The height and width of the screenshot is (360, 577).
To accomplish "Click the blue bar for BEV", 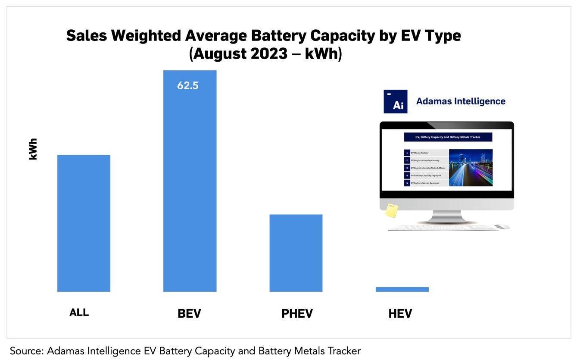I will point(190,181).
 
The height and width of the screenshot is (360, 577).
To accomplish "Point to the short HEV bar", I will point(402,289).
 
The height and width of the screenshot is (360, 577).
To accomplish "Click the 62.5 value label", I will point(188,86).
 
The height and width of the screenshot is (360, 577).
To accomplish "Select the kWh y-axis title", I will point(33,149).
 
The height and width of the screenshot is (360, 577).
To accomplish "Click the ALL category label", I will point(79,313).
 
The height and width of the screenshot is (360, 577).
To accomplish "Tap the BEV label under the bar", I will point(189,313).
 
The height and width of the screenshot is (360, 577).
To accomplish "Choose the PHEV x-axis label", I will point(297,313).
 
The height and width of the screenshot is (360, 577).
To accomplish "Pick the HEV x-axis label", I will point(400,313).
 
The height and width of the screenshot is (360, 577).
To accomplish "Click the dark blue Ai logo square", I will point(395,102).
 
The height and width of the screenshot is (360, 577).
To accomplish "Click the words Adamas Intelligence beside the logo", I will point(460,101).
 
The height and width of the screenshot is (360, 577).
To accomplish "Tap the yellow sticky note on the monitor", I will point(391,210).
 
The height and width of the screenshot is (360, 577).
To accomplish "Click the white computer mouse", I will point(502,226).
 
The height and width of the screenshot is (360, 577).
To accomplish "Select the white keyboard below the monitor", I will point(440,228).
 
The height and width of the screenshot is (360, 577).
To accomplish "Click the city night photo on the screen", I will point(471,168).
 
